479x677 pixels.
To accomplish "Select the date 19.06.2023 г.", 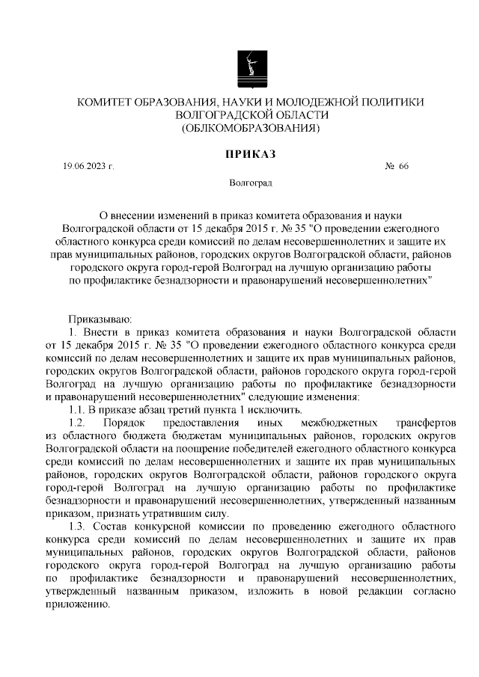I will pos(88,166).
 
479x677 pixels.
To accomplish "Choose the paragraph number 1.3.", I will pos(76,527).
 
